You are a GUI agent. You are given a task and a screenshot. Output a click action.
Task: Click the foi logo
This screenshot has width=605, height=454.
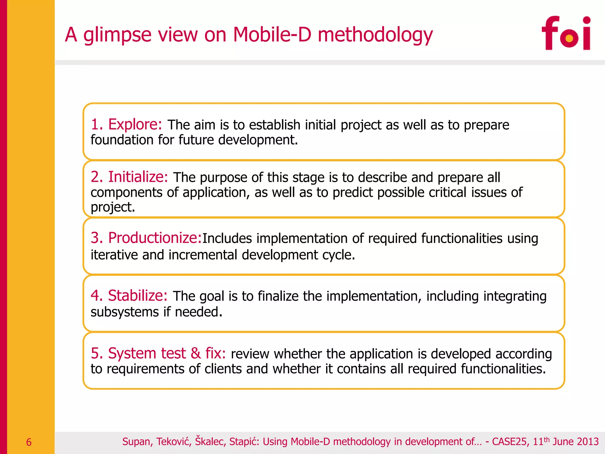(x=566, y=33)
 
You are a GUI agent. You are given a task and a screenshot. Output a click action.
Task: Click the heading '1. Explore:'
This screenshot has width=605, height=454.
(x=126, y=124)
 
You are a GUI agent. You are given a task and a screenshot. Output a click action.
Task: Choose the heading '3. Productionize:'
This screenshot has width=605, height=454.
(x=146, y=238)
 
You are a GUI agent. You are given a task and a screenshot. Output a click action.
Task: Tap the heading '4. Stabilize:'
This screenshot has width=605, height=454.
(x=129, y=295)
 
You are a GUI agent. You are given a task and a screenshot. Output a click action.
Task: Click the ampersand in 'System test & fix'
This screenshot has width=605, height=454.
(x=196, y=353)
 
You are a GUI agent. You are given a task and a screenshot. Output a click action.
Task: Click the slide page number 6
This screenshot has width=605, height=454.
(x=29, y=442)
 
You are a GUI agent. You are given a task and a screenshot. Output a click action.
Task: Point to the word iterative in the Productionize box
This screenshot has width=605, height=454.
(x=114, y=255)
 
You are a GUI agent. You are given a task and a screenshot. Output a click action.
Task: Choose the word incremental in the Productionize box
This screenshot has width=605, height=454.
(x=203, y=255)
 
